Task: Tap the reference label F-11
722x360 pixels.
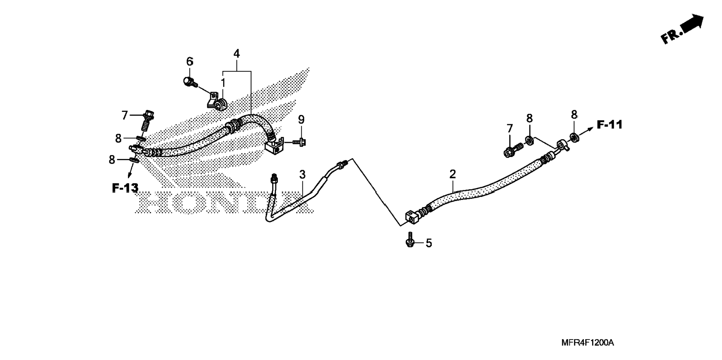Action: click(x=610, y=125)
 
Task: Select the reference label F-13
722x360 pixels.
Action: click(x=125, y=188)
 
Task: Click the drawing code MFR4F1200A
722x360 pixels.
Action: click(x=587, y=342)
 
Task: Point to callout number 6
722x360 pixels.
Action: click(x=190, y=61)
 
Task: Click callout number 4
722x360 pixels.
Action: click(x=236, y=54)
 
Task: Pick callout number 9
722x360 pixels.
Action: click(x=301, y=120)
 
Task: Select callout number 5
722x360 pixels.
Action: click(x=429, y=243)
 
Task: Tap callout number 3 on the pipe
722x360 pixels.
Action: click(x=302, y=174)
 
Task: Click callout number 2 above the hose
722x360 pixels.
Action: click(x=453, y=174)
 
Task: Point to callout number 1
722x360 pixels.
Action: click(x=223, y=83)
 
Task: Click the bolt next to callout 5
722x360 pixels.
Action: click(x=410, y=240)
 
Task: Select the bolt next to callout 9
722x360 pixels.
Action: click(x=299, y=142)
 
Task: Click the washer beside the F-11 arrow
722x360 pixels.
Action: click(x=575, y=137)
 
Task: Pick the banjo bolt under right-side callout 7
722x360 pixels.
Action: click(x=513, y=150)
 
